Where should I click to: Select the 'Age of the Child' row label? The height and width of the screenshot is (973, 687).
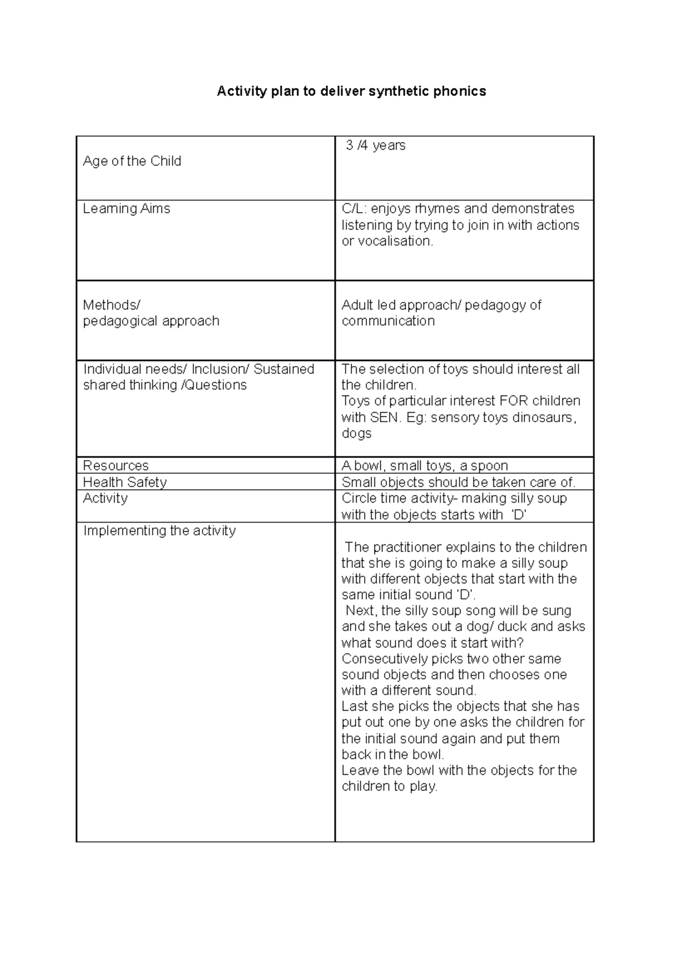click(132, 161)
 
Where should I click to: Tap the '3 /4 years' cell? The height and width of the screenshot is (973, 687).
click(376, 146)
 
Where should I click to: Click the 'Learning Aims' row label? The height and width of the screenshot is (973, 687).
click(127, 209)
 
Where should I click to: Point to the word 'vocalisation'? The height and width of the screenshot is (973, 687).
click(396, 241)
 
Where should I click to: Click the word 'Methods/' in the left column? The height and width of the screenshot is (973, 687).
click(111, 305)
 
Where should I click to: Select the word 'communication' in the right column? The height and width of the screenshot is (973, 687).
click(388, 321)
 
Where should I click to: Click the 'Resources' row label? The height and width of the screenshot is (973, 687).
click(116, 465)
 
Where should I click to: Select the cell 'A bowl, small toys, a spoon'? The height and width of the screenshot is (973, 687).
click(425, 465)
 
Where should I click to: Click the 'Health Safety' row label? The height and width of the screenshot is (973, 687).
click(125, 482)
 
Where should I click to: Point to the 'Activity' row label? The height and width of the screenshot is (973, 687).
click(105, 498)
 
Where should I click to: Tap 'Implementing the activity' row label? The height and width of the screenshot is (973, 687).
click(159, 531)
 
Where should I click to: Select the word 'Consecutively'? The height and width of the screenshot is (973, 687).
click(384, 659)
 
